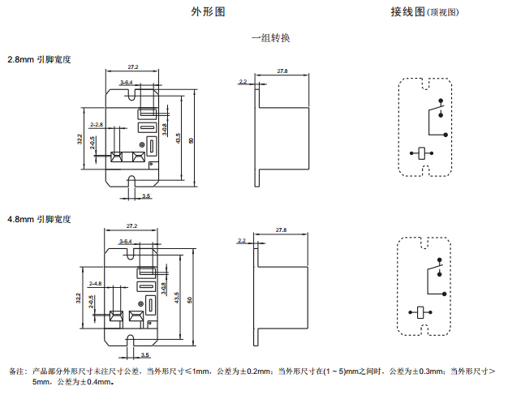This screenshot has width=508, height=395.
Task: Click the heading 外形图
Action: coord(208,12)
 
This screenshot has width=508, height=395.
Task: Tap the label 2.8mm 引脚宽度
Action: coord(40,60)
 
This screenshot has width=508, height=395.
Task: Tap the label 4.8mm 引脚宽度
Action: coord(40,219)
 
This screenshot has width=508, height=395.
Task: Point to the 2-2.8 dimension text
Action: coord(96,124)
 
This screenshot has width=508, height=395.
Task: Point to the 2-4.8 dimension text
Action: coord(96,283)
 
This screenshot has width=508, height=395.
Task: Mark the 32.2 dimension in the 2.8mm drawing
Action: coord(80,140)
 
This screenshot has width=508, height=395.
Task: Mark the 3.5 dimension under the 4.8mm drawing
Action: coord(146,354)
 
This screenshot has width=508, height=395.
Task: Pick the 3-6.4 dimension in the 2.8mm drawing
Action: coord(126,83)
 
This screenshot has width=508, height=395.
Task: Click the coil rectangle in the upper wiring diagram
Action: coord(421,151)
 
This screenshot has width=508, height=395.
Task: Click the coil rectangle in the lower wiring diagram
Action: coord(421,310)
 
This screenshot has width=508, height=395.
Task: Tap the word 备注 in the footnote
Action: coord(16,371)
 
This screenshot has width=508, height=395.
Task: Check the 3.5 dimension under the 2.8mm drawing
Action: coord(146,196)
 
